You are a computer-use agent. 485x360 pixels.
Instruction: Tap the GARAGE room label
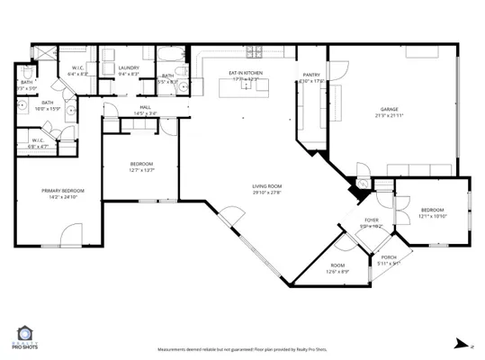click(x=390, y=110)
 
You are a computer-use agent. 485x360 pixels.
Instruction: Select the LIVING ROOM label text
click(x=266, y=186)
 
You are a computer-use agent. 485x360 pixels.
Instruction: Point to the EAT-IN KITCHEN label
click(x=246, y=75)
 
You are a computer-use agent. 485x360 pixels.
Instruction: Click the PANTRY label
click(x=311, y=75)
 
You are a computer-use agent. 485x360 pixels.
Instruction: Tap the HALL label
click(x=145, y=107)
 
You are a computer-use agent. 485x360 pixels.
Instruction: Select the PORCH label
click(x=389, y=256)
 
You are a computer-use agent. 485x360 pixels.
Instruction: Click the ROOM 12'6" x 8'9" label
click(x=337, y=265)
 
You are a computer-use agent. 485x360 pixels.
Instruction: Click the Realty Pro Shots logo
click(x=25, y=339)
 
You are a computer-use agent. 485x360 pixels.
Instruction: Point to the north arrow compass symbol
click(x=461, y=343)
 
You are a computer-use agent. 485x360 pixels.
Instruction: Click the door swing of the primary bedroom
click(x=70, y=238)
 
